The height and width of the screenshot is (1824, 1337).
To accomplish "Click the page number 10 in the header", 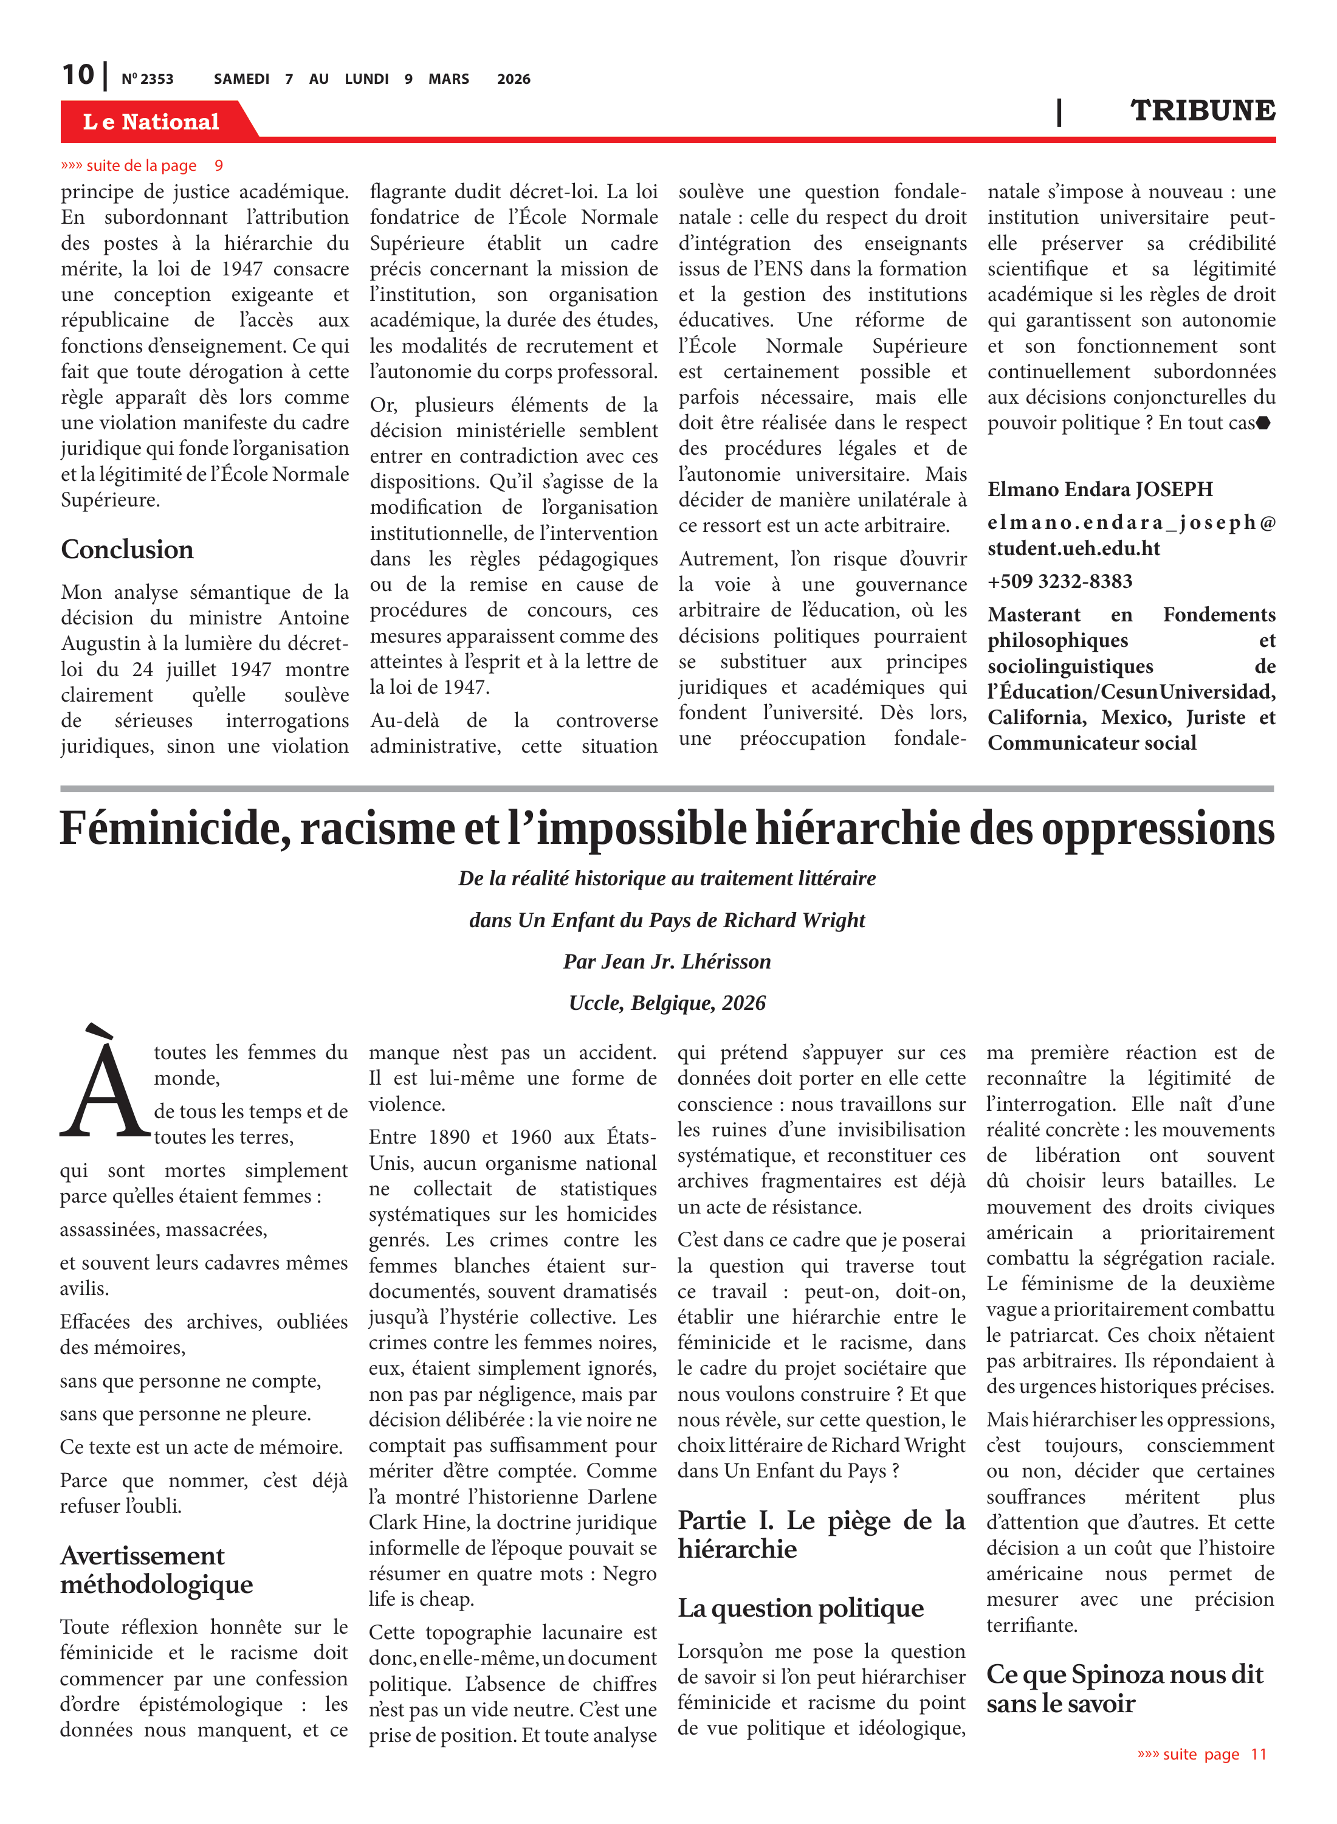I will [78, 75].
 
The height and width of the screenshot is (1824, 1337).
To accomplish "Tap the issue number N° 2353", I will [147, 79].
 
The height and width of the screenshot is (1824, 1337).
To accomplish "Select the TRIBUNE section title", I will [1202, 111].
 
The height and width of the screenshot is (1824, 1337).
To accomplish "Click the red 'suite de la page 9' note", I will [142, 166].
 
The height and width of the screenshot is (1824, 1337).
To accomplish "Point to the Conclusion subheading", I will [127, 550].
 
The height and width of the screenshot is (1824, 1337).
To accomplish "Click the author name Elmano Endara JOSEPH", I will [1100, 490].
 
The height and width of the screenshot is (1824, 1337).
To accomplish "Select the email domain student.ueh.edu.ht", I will [1073, 549].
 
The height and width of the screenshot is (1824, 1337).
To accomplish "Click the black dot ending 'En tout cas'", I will [1263, 423].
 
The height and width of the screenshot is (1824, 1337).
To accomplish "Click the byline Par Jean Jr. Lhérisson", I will [667, 962].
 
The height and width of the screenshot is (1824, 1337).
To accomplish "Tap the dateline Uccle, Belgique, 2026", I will [667, 1003].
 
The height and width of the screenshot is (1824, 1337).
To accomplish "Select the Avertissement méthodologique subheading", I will [156, 1570].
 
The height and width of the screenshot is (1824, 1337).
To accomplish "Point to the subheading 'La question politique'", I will [800, 1608].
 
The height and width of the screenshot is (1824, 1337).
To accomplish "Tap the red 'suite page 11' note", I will [1202, 1754].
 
